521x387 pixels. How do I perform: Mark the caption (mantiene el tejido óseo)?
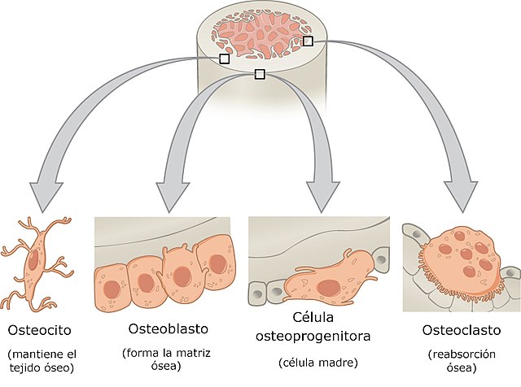[x=41, y=362]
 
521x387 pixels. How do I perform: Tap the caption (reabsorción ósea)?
[x=462, y=362]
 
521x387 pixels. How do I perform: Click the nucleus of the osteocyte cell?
[x=33, y=262]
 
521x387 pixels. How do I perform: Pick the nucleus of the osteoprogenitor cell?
[x=330, y=287]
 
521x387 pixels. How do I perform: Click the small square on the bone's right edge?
[x=308, y=41]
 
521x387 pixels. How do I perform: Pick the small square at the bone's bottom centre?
[x=260, y=75]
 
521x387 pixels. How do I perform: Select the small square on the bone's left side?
[x=225, y=59]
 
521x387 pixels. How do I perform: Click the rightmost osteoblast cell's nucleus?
[x=218, y=262]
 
